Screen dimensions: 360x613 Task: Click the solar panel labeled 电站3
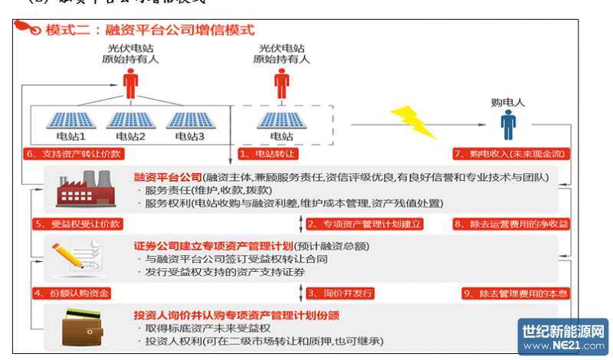coord(188,121)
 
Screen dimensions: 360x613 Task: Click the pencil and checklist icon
coord(74,254)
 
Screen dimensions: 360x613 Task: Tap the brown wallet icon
coord(74,322)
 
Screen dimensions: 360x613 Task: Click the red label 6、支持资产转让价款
coord(74,155)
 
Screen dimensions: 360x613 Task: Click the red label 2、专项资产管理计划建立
coord(359,224)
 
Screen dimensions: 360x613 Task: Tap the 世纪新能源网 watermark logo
coord(563,337)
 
